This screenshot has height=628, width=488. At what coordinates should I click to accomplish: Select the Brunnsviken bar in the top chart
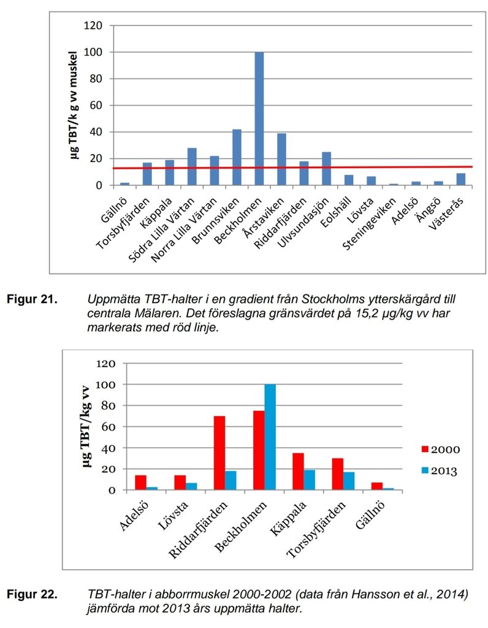pyautogui.click(x=237, y=157)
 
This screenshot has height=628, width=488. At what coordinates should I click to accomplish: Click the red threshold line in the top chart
pyautogui.click(x=368, y=167)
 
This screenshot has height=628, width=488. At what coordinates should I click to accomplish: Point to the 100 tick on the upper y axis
pyautogui.click(x=96, y=52)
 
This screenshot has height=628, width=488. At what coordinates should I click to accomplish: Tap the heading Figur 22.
pyautogui.click(x=32, y=595)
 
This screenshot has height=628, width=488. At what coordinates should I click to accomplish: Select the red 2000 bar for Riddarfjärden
pyautogui.click(x=219, y=453)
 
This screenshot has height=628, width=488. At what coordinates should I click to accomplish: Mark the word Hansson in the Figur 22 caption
pyautogui.click(x=354, y=595)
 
